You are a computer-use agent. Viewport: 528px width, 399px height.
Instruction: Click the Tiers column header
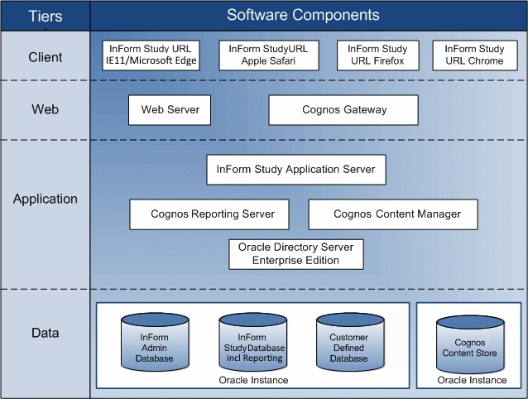pyautogui.click(x=45, y=15)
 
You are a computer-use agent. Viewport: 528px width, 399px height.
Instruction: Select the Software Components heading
pyautogui.click(x=303, y=15)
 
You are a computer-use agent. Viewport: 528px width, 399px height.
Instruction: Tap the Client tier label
pyautogui.click(x=45, y=58)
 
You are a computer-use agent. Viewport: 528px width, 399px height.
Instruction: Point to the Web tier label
pyautogui.click(x=45, y=109)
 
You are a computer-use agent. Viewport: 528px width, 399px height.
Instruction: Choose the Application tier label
pyautogui.click(x=45, y=199)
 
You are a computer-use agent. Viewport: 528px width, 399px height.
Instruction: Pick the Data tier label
pyautogui.click(x=45, y=333)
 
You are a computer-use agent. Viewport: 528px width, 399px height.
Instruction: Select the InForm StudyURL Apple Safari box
pyautogui.click(x=269, y=55)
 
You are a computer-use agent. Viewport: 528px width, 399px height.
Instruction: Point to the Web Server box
pyautogui.click(x=170, y=109)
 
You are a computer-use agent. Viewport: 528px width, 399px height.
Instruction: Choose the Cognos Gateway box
pyautogui.click(x=343, y=109)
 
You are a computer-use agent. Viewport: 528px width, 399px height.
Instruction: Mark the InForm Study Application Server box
pyautogui.click(x=295, y=170)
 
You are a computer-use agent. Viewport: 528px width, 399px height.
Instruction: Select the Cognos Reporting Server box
pyautogui.click(x=208, y=214)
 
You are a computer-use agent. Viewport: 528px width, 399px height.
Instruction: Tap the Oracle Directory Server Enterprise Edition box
pyautogui.click(x=295, y=254)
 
